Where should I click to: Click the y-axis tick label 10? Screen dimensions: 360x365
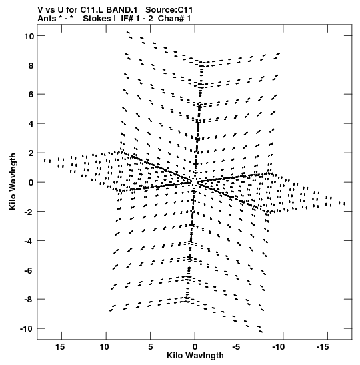29,36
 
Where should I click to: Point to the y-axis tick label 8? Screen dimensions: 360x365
31,65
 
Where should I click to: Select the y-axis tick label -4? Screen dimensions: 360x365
29,241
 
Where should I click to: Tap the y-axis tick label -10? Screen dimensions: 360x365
27,329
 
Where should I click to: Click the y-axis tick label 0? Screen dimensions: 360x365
31,183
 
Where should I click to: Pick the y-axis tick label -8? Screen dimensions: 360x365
29,299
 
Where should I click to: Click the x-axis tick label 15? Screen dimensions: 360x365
60,347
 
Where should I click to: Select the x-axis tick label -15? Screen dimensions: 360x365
323,347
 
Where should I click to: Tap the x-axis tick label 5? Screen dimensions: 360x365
151,347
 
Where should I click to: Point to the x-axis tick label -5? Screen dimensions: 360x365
236,347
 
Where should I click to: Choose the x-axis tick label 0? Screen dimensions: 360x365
195,347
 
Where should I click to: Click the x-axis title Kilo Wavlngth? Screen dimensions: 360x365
195,356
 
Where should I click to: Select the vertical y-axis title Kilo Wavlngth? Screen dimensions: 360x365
13,181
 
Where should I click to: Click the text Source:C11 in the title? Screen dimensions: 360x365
169,10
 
